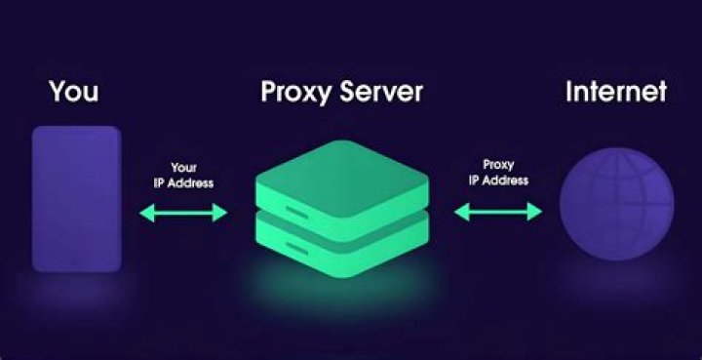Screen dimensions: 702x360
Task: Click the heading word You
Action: click(74, 92)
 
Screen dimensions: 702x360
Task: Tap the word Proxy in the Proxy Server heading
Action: click(296, 93)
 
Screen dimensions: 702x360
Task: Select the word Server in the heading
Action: click(381, 92)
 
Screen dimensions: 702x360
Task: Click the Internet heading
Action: click(616, 92)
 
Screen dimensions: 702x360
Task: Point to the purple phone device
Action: click(77, 199)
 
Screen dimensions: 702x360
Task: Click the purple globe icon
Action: click(616, 204)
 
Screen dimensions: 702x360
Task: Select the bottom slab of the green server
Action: click(342, 244)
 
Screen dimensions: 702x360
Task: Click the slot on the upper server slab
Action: click(296, 213)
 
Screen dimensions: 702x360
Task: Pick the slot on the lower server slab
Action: click(296, 249)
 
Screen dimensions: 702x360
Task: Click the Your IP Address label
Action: click(183, 175)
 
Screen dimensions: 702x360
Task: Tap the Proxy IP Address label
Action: click(498, 173)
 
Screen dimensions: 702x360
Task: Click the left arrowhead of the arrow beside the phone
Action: click(147, 213)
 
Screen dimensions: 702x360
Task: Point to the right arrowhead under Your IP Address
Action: click(219, 213)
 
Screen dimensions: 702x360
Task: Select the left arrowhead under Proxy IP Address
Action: click(462, 212)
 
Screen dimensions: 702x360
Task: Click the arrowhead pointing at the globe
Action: click(534, 212)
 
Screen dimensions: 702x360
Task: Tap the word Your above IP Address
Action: click(183, 168)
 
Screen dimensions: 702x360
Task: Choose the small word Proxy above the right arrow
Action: click(498, 166)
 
